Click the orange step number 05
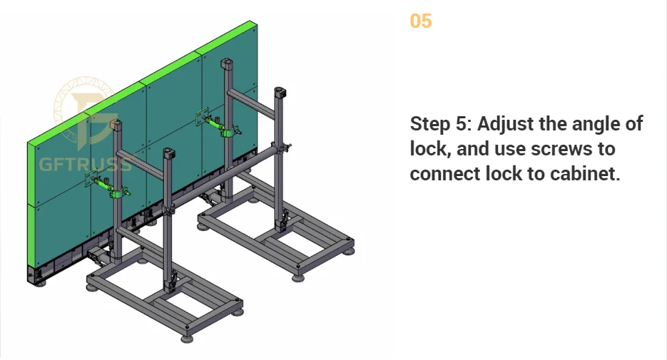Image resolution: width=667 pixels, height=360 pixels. point(421,21)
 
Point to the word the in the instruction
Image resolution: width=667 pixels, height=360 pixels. point(556,124)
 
